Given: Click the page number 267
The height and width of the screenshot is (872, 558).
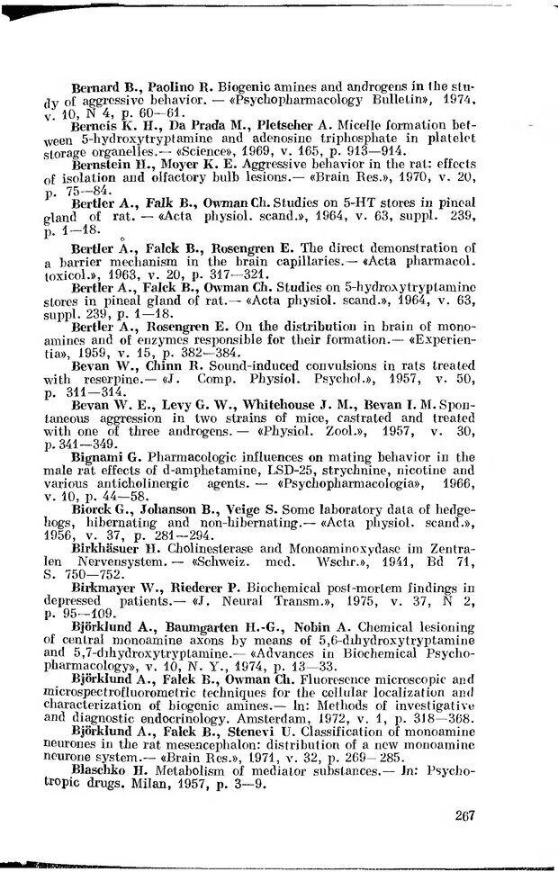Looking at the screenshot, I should (x=464, y=815).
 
